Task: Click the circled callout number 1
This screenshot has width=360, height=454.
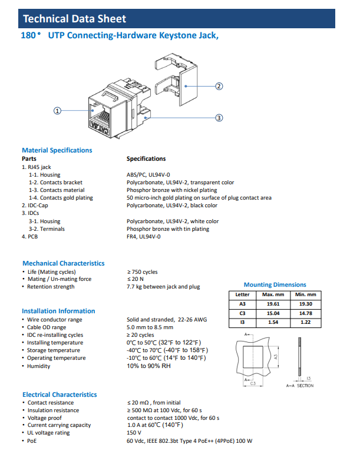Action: click(57, 110)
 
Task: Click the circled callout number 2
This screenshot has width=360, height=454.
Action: click(219, 86)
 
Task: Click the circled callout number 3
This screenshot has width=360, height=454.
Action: click(219, 118)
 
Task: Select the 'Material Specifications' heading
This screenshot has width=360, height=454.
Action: click(57, 150)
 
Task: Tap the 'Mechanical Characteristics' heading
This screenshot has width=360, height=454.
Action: click(63, 263)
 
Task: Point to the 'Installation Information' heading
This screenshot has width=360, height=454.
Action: click(58, 311)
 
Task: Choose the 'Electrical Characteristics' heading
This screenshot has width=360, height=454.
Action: click(60, 395)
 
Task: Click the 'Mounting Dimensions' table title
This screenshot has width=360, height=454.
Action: click(275, 285)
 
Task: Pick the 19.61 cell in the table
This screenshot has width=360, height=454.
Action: click(273, 304)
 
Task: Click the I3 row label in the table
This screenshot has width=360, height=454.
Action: click(242, 323)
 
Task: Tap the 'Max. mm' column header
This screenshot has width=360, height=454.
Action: click(273, 294)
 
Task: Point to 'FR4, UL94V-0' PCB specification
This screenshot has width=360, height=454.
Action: click(144, 237)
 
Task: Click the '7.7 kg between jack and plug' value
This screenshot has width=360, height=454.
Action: click(163, 287)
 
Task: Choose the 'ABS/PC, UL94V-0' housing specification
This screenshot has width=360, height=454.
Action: click(148, 175)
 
